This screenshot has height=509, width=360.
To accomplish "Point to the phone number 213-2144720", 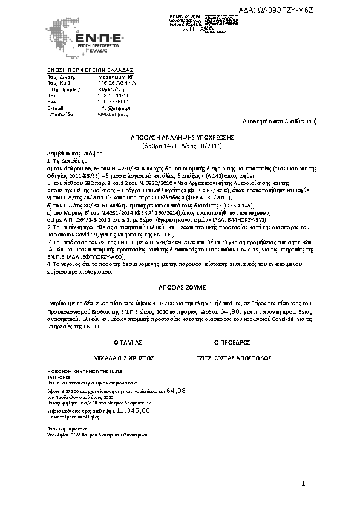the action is click(113, 96).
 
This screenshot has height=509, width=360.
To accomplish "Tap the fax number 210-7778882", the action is click(113, 102).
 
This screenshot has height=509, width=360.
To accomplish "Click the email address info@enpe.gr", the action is click(113, 108).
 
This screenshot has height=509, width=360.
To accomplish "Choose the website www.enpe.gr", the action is click(113, 113).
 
